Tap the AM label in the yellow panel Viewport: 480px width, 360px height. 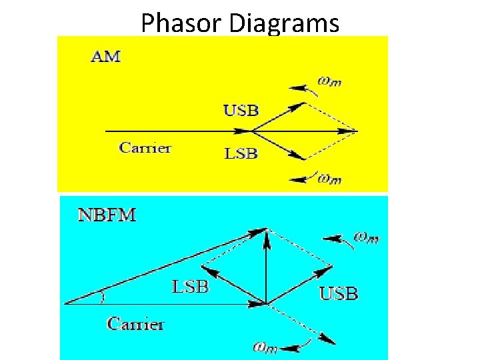pos(105,57)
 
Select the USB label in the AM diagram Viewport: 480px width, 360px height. pos(240,111)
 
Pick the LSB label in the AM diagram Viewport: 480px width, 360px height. pos(240,153)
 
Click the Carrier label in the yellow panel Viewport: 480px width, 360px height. pos(145,147)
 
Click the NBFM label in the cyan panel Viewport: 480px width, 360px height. pos(107,215)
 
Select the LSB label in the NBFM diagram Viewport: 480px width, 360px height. pos(191,287)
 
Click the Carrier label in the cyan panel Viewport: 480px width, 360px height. pos(135,324)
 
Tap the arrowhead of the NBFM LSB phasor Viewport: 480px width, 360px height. pos(206,269)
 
